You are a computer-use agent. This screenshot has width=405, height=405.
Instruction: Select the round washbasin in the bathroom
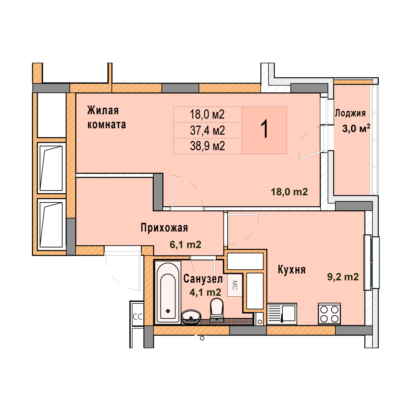click(x=191, y=317)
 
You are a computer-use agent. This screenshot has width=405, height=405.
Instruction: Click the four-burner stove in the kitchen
click(x=329, y=314)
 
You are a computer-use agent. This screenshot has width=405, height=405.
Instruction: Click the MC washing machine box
click(x=234, y=285)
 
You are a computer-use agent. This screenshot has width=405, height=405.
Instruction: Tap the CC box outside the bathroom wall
click(x=137, y=316)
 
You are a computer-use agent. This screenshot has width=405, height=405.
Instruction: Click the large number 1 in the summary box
click(x=264, y=130)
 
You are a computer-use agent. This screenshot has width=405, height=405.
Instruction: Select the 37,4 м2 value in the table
click(x=207, y=130)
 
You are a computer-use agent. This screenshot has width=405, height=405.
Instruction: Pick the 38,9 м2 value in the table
click(x=207, y=146)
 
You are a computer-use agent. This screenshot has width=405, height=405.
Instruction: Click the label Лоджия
click(x=350, y=113)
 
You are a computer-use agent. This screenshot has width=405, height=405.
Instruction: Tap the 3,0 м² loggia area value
click(x=356, y=128)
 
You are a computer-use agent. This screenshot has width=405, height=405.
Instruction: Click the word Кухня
click(x=292, y=270)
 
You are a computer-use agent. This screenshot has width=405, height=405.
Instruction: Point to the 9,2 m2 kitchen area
click(x=343, y=277)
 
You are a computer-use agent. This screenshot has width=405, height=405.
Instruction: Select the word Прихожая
click(x=164, y=228)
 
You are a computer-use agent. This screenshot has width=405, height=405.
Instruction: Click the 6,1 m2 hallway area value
click(x=186, y=244)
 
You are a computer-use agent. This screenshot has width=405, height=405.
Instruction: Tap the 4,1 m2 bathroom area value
click(x=205, y=292)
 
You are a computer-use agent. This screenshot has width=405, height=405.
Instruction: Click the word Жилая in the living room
click(x=103, y=110)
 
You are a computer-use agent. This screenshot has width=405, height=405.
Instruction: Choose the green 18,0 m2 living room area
click(x=289, y=192)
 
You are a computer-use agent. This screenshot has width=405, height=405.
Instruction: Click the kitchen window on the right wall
click(x=372, y=262)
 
